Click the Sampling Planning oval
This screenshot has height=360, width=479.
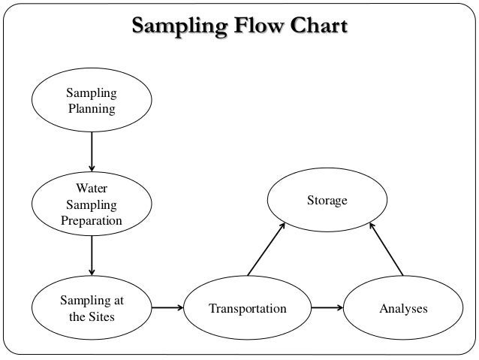coord(92,101)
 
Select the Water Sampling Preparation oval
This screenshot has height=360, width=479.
coord(92,204)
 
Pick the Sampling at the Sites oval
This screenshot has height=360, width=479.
coord(92,308)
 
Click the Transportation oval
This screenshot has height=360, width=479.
coord(248,308)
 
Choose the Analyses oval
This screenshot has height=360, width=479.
coord(403,308)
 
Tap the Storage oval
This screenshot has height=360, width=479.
coord(327,201)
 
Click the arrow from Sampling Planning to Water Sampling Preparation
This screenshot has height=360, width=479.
coord(92,151)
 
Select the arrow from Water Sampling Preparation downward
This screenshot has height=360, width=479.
coord(92,256)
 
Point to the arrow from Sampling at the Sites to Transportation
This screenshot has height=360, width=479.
coord(167,307)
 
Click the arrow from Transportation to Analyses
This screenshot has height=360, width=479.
coord(327,307)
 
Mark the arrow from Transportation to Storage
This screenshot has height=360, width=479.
coord(266,249)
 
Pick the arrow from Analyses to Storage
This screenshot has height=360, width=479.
coord(387,249)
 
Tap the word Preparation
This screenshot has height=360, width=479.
coord(92,220)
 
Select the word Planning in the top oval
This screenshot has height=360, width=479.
coord(92,109)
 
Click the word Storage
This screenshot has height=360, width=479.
coord(327,201)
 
